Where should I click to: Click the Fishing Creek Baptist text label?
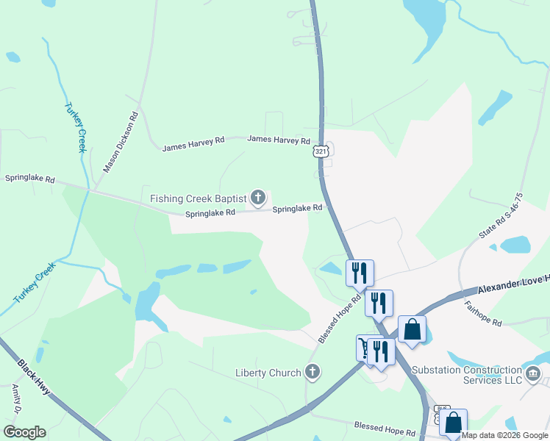(x=198, y=198)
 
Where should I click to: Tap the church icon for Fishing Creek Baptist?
(x=257, y=197)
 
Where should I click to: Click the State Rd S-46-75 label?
(x=501, y=215)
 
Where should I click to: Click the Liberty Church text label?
(x=268, y=373)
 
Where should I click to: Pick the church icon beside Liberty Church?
(x=312, y=372)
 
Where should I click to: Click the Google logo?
(x=24, y=432)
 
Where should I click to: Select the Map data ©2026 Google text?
(x=505, y=435)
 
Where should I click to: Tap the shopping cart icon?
(x=365, y=346)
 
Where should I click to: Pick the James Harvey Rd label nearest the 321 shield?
(x=279, y=139)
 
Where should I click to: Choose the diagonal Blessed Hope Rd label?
(x=340, y=319)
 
